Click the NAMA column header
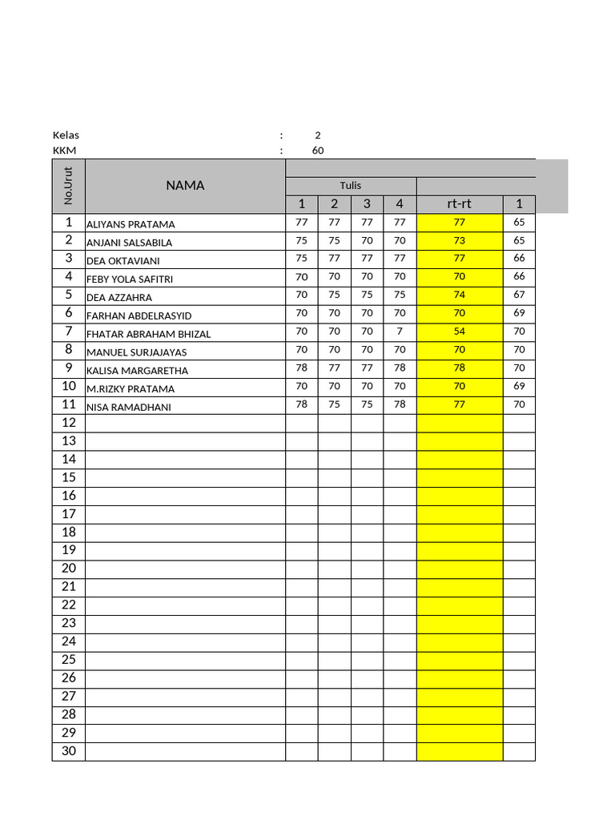click(185, 186)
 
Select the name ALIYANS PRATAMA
click(131, 224)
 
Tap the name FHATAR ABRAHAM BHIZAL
click(148, 334)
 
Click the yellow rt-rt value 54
click(459, 332)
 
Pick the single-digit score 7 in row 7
click(400, 332)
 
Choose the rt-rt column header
click(459, 204)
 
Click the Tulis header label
click(350, 185)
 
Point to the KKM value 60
click(318, 151)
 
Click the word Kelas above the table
click(66, 135)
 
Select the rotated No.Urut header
click(69, 186)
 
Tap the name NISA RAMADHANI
click(129, 407)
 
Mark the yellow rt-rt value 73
click(459, 240)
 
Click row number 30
click(69, 751)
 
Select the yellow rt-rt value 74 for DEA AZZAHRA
click(459, 295)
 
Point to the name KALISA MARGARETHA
click(136, 371)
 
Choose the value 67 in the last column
click(519, 295)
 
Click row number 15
click(69, 477)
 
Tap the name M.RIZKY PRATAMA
click(131, 389)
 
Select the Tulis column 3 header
click(367, 204)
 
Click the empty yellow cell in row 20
click(459, 569)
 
